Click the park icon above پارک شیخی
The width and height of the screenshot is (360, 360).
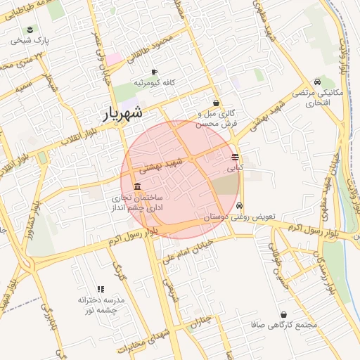[30, 29]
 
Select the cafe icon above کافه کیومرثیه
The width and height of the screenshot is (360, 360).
[155, 72]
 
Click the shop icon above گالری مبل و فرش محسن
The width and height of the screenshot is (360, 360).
[216, 103]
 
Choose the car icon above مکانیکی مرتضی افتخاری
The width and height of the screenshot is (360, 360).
[318, 82]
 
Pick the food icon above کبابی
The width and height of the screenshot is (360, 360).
[235, 157]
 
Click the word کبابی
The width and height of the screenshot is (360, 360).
[235, 169]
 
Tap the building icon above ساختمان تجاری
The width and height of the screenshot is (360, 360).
[136, 187]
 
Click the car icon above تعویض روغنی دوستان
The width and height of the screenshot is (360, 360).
[240, 206]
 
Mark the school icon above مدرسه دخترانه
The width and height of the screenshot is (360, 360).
[100, 289]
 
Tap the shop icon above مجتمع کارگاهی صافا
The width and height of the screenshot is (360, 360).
[283, 314]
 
